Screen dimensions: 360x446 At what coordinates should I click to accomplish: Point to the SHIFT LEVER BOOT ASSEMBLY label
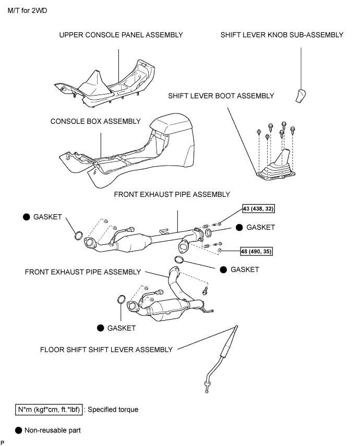coord(221,96)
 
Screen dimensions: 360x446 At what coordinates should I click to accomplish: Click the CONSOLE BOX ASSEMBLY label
coord(95,121)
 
